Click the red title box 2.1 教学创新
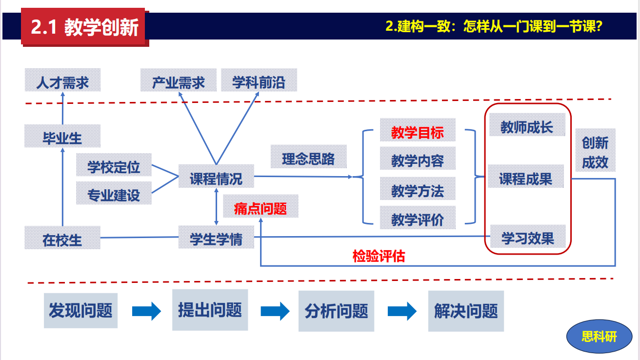tap(84, 27)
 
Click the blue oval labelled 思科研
tap(599, 337)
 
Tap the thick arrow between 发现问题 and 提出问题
tap(146, 311)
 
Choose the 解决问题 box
tap(466, 311)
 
